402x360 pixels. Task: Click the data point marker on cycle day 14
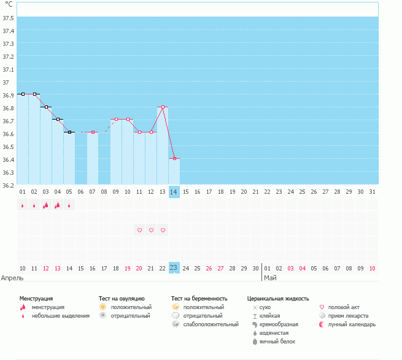coord(174,158)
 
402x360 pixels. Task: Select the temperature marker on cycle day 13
coord(163,107)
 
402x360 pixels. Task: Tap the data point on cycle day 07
coord(93,132)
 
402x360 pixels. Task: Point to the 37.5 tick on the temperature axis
coord(9,18)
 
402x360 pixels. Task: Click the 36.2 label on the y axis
coord(9,185)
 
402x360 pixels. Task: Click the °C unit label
coord(9,4)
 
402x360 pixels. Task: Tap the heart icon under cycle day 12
coord(151,230)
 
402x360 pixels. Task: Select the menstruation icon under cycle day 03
coord(45,205)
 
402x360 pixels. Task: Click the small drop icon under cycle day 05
coord(69,205)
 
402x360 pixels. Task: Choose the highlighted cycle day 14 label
coord(174,192)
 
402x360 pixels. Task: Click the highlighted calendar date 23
coord(174,268)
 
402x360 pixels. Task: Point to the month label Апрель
coord(12,278)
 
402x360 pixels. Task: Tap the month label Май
coord(270,278)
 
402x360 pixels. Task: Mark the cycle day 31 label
coord(373,192)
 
